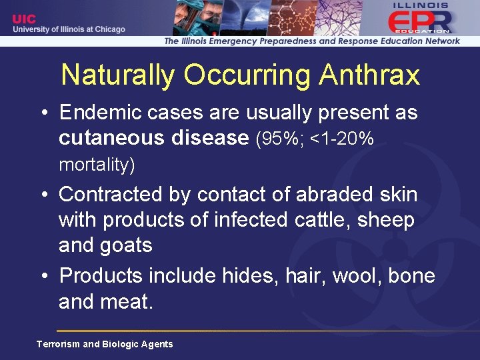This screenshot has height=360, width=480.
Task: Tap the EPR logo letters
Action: [x=421, y=22]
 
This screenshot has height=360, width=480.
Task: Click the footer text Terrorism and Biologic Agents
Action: [x=105, y=344]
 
